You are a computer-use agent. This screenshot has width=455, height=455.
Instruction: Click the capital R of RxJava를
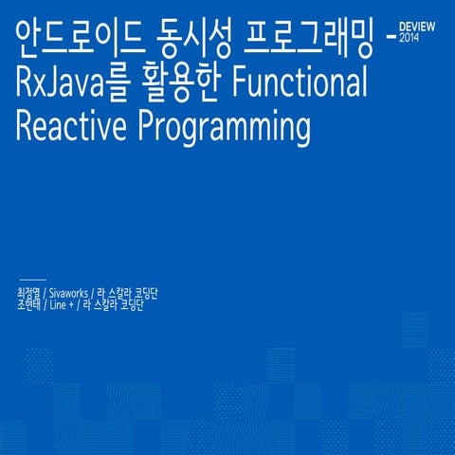point(26,84)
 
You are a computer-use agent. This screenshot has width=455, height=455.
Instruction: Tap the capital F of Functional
point(235,84)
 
